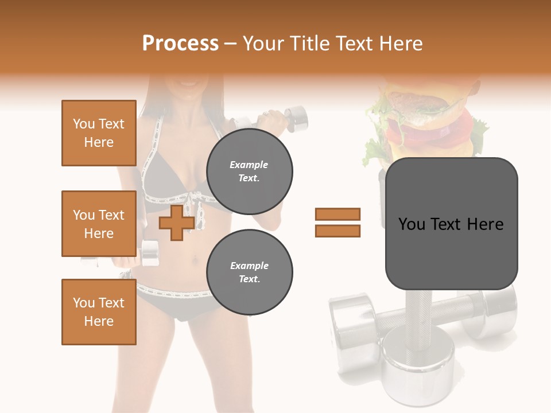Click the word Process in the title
(x=180, y=43)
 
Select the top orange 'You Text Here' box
(x=99, y=133)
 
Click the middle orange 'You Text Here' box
(x=99, y=224)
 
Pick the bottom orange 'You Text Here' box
(x=99, y=312)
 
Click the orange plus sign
(x=176, y=223)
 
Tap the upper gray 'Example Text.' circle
(x=250, y=171)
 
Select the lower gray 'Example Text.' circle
(x=250, y=272)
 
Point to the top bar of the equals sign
(x=337, y=214)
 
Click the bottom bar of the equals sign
(x=337, y=231)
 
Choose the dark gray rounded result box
(x=451, y=224)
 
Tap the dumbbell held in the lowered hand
(x=149, y=252)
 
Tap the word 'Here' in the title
(x=399, y=44)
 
